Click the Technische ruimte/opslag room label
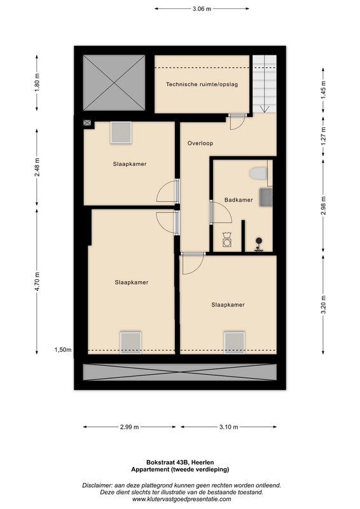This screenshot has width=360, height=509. pyautogui.click(x=202, y=85)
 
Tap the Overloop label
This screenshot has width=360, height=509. pyautogui.click(x=200, y=143)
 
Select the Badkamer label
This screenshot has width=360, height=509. pyautogui.click(x=239, y=200)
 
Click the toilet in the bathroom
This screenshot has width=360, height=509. pyautogui.click(x=258, y=173)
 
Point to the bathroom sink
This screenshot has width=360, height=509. pyautogui.click(x=266, y=197)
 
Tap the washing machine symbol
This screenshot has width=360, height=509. pyautogui.click(x=227, y=240)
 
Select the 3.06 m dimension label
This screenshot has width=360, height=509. pyautogui.click(x=202, y=9)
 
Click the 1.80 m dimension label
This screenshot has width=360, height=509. pyautogui.click(x=37, y=83)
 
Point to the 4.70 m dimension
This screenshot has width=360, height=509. pyautogui.click(x=37, y=281)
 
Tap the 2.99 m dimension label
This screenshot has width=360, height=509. pyautogui.click(x=130, y=427)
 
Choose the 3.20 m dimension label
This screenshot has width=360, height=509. pyautogui.click(x=323, y=305)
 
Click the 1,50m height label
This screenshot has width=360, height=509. pyautogui.click(x=63, y=350)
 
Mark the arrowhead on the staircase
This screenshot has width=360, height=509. pyautogui.click(x=265, y=109)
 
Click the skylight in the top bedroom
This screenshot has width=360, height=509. pyautogui.click(x=121, y=132)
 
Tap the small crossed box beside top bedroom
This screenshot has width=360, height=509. pyautogui.click(x=87, y=123)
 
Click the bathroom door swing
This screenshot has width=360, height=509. pyautogui.click(x=221, y=213)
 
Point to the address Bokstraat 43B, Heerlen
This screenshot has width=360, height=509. pyautogui.click(x=180, y=463)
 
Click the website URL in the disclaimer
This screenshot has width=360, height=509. pyautogui.click(x=182, y=499)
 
